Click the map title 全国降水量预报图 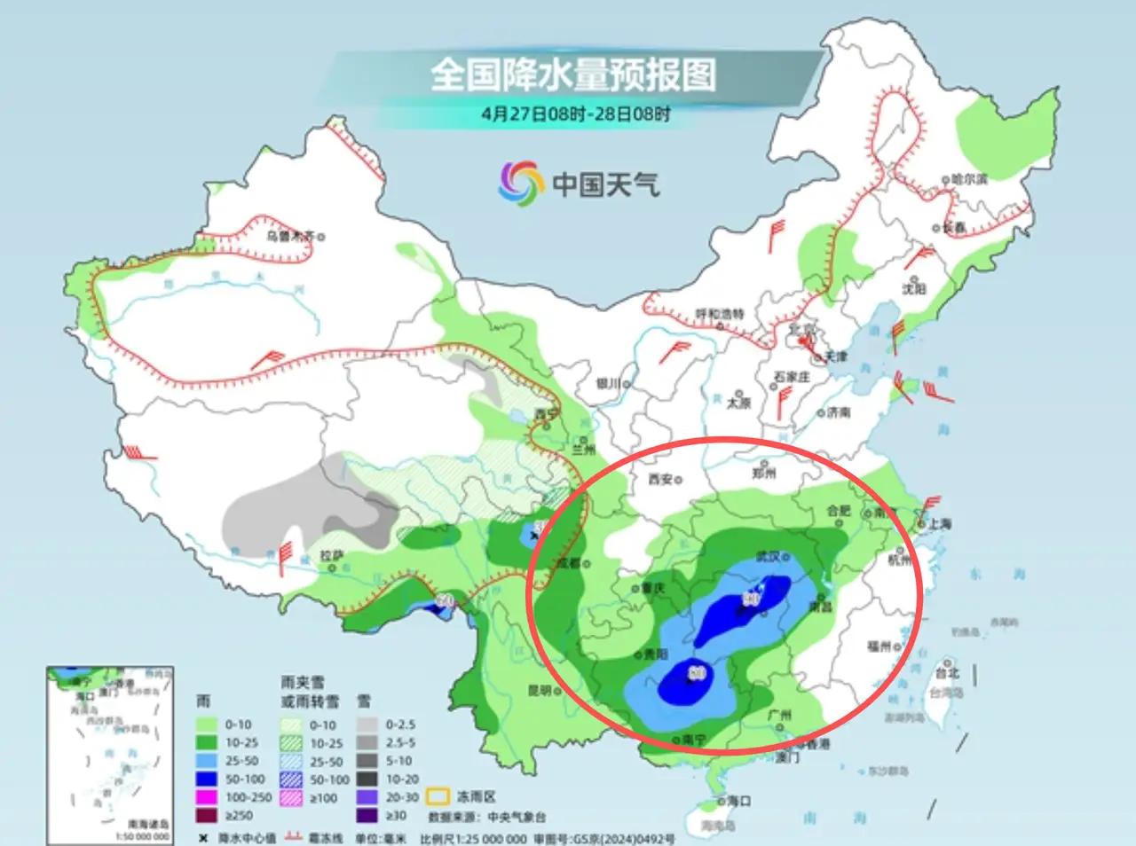[573, 75]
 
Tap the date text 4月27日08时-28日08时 [576, 114]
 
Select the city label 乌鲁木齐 [290, 237]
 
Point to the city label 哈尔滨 [968, 178]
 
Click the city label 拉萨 [331, 557]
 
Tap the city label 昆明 [539, 690]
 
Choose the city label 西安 [660, 479]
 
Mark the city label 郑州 [763, 474]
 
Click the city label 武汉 [767, 557]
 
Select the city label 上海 [940, 524]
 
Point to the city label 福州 [879, 646]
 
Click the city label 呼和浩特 [719, 315]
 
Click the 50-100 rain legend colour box [207, 779]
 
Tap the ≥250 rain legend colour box [207, 815]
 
